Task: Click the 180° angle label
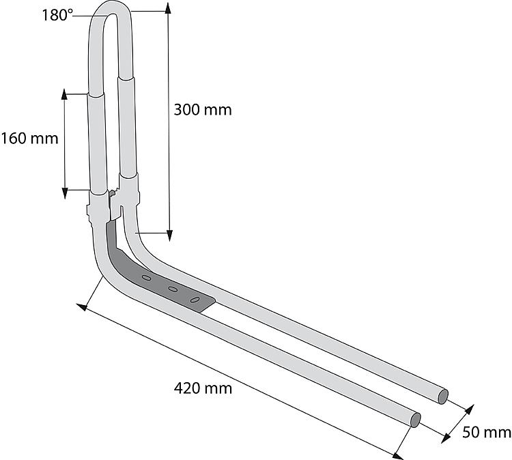(x=57, y=15)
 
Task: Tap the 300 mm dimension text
(x=203, y=110)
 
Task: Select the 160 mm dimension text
(x=30, y=139)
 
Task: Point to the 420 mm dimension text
(x=203, y=388)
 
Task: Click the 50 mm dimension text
(x=486, y=432)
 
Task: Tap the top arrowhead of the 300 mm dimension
(x=168, y=8)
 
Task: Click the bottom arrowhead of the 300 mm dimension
(x=169, y=235)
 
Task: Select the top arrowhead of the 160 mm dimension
(x=64, y=94)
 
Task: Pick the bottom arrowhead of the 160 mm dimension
(x=65, y=193)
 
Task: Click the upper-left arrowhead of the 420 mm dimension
(x=82, y=307)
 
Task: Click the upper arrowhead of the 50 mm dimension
(x=469, y=409)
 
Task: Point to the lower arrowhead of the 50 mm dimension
(x=446, y=437)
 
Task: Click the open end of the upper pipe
(x=443, y=397)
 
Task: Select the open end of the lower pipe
(x=415, y=420)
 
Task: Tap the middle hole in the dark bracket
(x=173, y=289)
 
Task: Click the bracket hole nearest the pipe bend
(x=146, y=278)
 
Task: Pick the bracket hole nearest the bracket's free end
(x=195, y=300)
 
